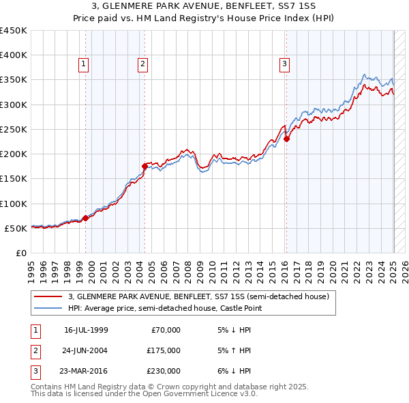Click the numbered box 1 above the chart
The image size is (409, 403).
point(83,65)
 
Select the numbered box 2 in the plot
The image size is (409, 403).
point(143,65)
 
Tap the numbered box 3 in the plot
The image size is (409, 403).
point(284,65)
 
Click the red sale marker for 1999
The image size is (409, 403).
point(85,219)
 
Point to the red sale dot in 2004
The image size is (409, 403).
point(145,166)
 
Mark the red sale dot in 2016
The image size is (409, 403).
point(286,139)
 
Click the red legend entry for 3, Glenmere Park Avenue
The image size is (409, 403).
point(198,297)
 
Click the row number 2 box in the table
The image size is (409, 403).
point(35,350)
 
